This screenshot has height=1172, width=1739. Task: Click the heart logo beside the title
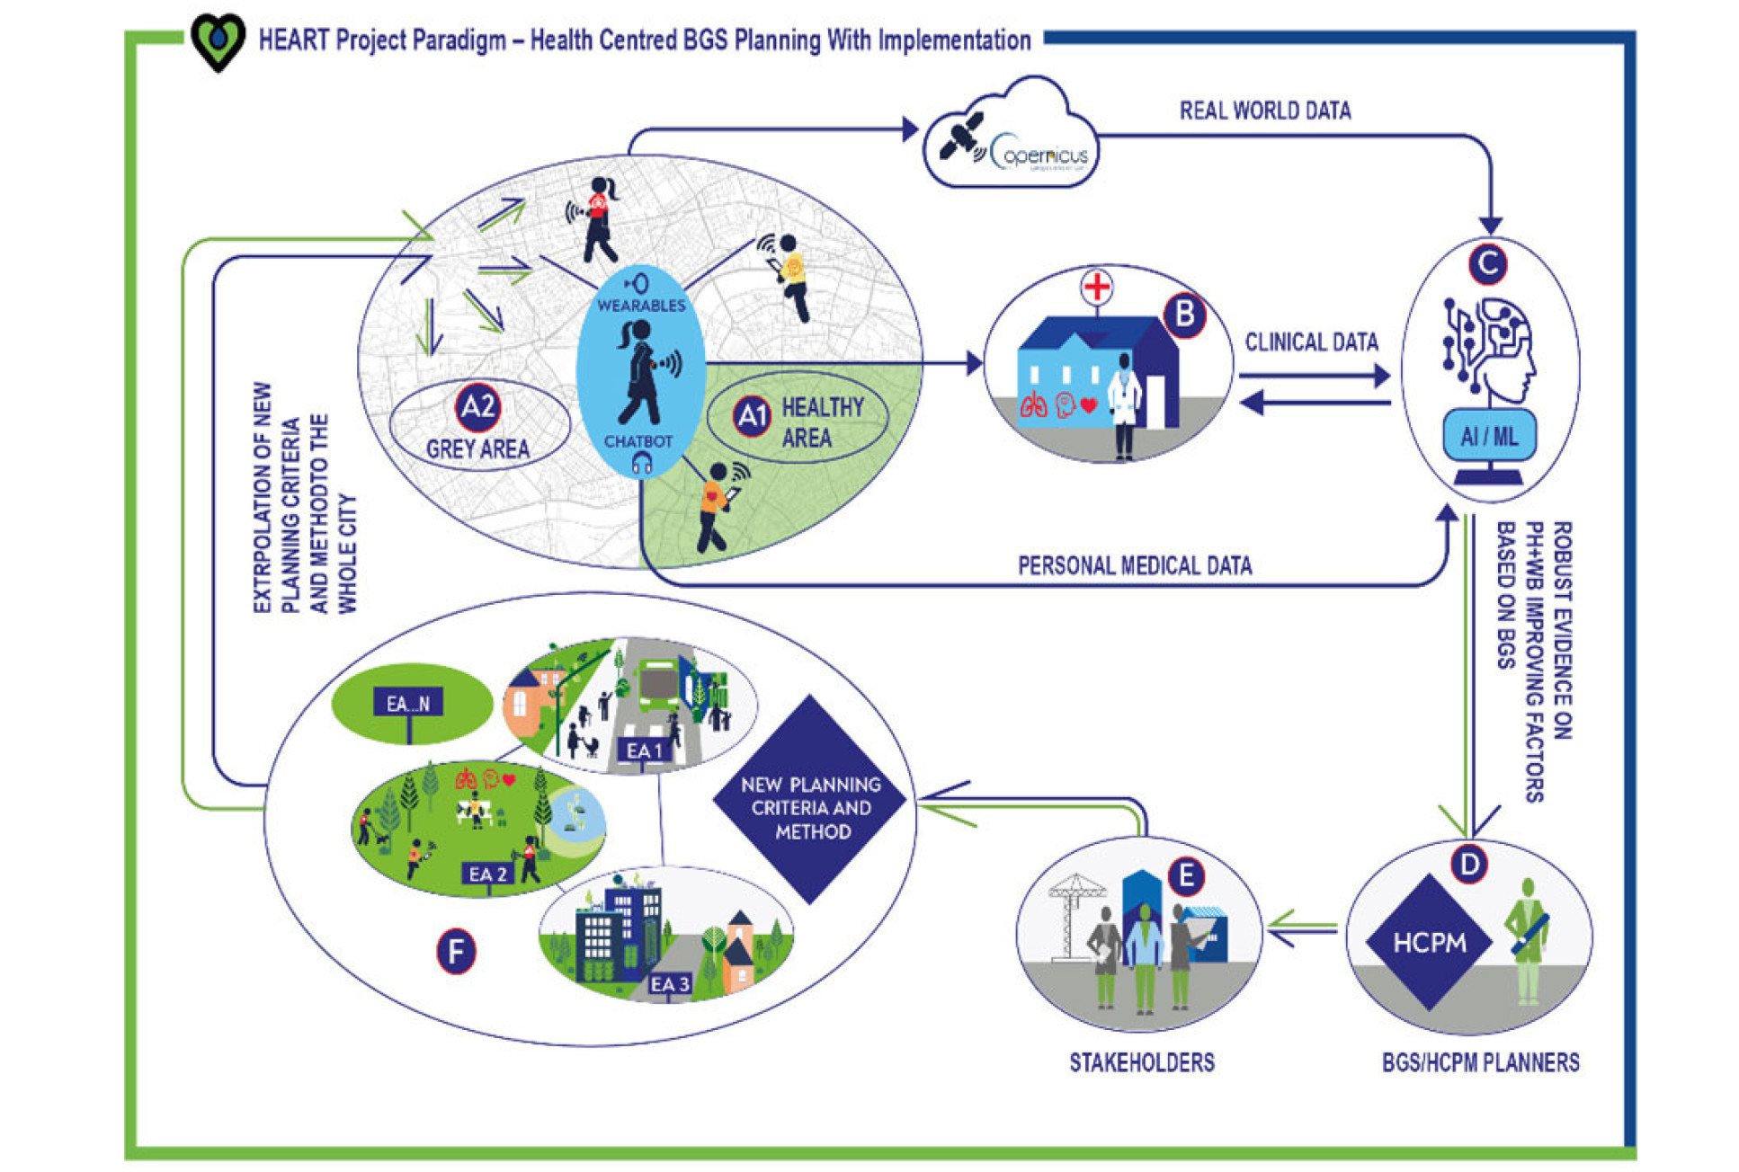218,41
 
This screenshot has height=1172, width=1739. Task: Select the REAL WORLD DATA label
1264,111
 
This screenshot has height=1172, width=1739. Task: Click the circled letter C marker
1487,264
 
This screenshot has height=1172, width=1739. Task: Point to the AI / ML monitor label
1489,437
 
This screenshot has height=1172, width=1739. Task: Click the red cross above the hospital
1096,288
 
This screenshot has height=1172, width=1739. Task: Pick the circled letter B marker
1184,315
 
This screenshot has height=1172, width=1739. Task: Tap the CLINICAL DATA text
1311,342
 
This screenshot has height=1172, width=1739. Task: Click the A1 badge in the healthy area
752,416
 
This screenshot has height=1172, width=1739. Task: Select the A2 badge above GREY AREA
477,407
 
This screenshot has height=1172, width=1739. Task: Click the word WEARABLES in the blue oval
641,306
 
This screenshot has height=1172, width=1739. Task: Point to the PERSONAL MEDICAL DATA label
1135,565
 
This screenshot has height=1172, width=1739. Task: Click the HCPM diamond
1429,942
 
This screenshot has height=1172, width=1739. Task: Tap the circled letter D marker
1469,865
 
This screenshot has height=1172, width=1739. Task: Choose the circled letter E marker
1186,875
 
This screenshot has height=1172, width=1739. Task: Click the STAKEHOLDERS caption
1141,1063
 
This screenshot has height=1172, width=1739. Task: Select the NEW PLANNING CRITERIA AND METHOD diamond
811,799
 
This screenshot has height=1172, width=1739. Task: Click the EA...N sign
408,704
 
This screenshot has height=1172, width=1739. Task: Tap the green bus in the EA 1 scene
658,685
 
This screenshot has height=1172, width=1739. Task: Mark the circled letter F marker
456,952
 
